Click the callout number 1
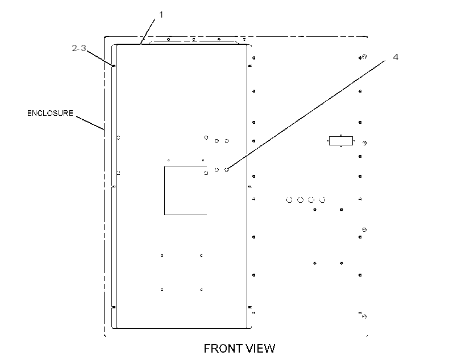pos(161,15)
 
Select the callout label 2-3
pos(79,48)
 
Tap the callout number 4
pos(396,57)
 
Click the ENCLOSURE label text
pos(50,113)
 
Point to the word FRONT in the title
pos(223,349)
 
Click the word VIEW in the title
pos(260,349)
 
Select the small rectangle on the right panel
pos(341,141)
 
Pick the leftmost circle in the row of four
pos(289,200)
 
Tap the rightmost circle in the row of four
pos(322,200)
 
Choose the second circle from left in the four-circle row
pos(301,200)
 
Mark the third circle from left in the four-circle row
pos(311,200)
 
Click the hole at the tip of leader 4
pos(226,170)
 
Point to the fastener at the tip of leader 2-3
pos(114,66)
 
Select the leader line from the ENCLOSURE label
pos(90,123)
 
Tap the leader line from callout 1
pos(147,32)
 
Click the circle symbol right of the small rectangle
pos(365,143)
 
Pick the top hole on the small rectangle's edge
pos(341,136)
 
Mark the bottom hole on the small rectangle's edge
pos(341,146)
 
